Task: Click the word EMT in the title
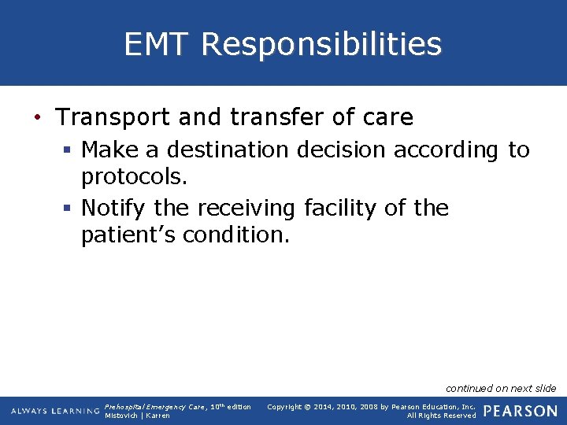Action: (157, 44)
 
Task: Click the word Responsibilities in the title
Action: (321, 44)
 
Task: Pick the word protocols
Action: (134, 178)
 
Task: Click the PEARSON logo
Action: (520, 411)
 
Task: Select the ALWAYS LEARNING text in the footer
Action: (55, 411)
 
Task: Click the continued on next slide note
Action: (501, 388)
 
